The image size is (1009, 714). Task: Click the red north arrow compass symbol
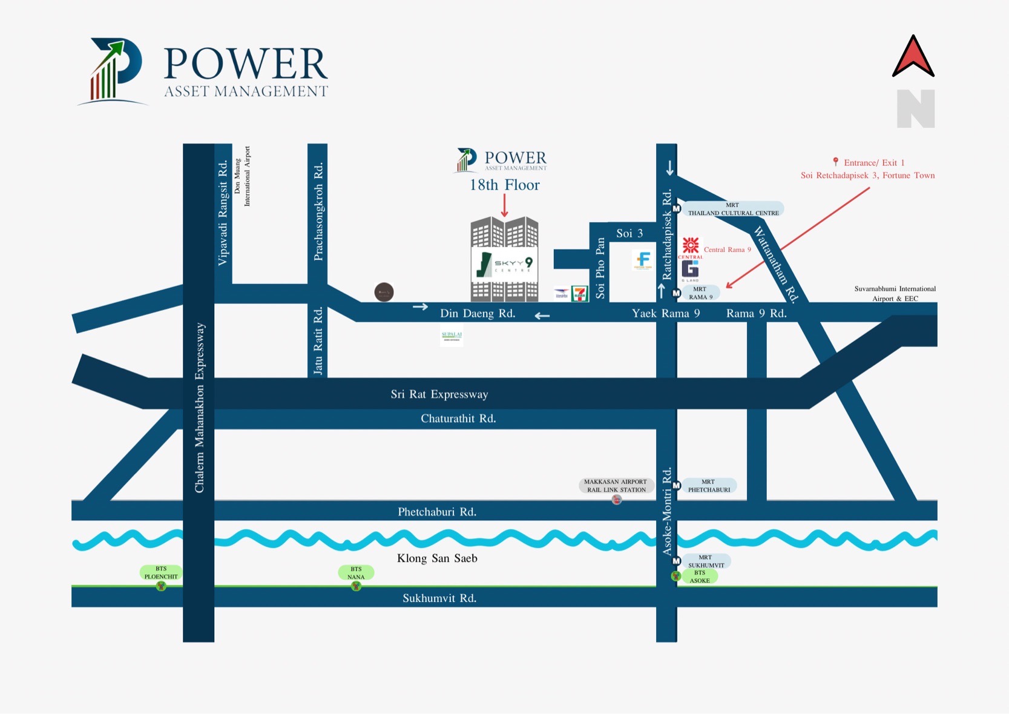[x=913, y=58]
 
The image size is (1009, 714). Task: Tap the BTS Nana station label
[x=356, y=573]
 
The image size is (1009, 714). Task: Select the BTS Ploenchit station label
[x=161, y=572]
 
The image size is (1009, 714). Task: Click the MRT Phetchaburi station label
[x=709, y=486]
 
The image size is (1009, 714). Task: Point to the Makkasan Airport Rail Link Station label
[x=616, y=486]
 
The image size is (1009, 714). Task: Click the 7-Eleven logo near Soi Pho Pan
[x=579, y=294]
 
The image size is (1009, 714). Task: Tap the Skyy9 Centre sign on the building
[x=504, y=264]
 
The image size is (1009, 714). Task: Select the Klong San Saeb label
[x=437, y=558]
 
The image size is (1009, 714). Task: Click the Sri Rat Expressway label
[x=439, y=394]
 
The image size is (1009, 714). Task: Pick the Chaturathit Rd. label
[x=458, y=418]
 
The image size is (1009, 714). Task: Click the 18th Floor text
[x=504, y=185]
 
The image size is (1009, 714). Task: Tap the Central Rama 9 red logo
[x=691, y=246]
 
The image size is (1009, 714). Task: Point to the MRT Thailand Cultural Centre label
[x=733, y=209]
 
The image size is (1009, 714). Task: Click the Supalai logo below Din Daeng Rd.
[x=452, y=336]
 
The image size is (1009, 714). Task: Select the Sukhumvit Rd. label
[x=439, y=598]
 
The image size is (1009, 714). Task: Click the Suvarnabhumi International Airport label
[x=895, y=294]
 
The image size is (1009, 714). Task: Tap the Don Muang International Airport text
[x=242, y=176]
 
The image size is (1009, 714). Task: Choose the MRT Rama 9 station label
[x=700, y=293]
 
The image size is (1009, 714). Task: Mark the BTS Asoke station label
[x=700, y=577]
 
